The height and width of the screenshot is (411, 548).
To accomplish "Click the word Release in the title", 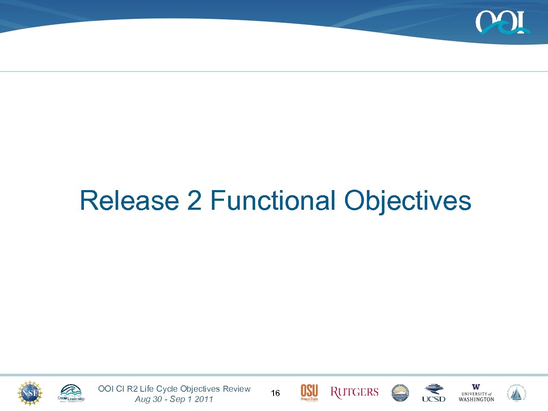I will [x=129, y=200].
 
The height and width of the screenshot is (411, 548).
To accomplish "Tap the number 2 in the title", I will [x=194, y=200].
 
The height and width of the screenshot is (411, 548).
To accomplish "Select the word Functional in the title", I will [x=273, y=200].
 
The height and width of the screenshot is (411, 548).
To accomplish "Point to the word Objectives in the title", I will [x=407, y=200].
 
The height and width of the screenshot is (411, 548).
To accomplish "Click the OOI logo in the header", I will [x=502, y=23].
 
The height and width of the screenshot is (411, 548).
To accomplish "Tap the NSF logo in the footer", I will [x=30, y=393].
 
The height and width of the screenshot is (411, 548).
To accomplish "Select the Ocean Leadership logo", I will [x=71, y=393].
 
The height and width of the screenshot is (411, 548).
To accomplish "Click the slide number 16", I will [x=275, y=393].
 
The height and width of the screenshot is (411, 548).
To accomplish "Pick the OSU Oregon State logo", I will [x=309, y=393].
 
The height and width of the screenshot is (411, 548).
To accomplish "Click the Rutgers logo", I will [x=354, y=393].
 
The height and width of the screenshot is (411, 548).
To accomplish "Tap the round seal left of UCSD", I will [x=400, y=393].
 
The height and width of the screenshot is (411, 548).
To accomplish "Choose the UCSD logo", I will [x=434, y=393].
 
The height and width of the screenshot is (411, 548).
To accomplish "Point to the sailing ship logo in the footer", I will [x=517, y=393].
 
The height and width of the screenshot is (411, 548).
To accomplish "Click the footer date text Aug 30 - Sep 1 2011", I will [x=174, y=399].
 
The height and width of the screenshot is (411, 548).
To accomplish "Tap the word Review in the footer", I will [x=236, y=389].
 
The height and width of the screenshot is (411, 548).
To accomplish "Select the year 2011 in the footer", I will [x=204, y=399].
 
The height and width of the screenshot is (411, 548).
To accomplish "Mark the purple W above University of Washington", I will [x=476, y=387].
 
